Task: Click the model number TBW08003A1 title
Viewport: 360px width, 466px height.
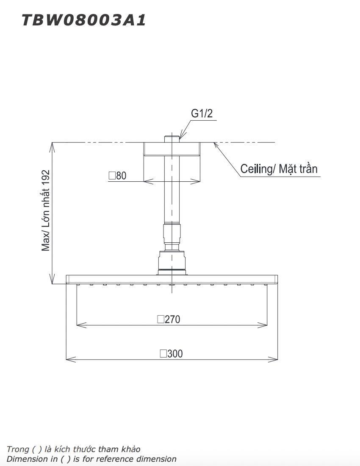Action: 84,20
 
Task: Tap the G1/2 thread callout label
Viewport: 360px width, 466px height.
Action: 202,114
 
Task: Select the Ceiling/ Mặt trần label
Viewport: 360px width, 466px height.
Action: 279,169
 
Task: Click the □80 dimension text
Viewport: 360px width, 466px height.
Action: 117,175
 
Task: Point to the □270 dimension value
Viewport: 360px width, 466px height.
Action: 169,319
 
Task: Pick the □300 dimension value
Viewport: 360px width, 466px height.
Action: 171,353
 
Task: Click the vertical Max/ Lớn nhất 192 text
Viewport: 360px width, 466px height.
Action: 46,211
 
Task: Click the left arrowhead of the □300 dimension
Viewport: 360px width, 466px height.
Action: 69,359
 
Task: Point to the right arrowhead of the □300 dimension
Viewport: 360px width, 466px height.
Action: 275,359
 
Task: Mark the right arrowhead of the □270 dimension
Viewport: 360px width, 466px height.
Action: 265,325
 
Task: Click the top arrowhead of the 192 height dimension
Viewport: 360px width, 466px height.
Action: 53,145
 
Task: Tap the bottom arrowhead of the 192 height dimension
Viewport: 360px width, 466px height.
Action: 53,281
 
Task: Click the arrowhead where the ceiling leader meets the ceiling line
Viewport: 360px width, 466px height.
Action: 216,144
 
